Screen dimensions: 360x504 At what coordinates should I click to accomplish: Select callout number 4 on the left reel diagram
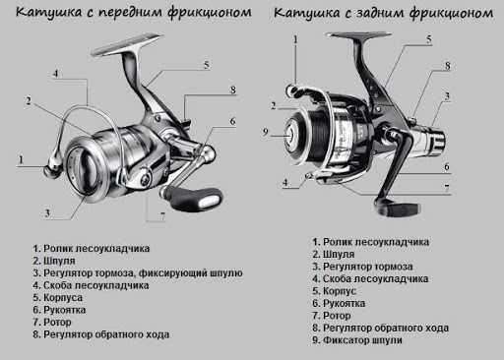pyautogui.click(x=56, y=74)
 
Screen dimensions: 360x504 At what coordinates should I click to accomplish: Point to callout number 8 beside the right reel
pyautogui.click(x=447, y=66)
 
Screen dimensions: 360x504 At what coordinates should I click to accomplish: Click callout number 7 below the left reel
pyautogui.click(x=161, y=215)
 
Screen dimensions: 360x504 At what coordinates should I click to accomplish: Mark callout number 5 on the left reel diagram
pyautogui.click(x=207, y=65)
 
